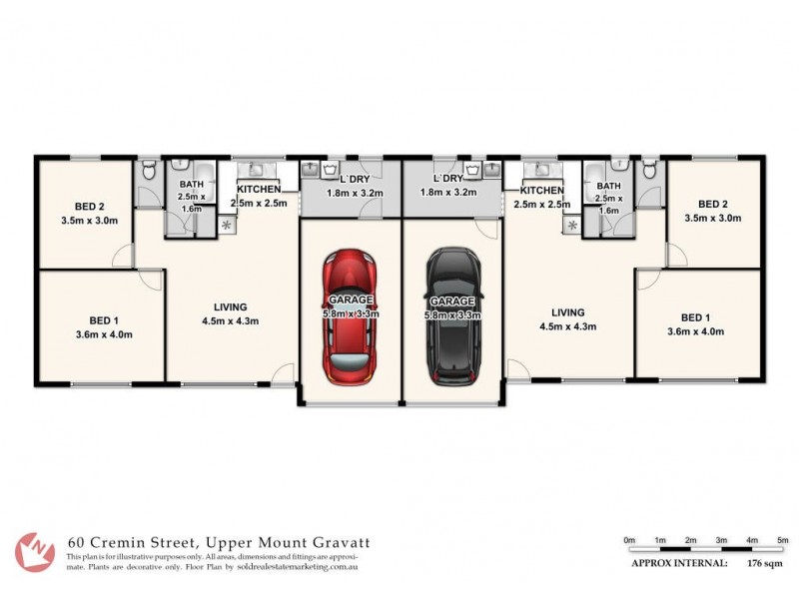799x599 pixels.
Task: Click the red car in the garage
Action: click(x=350, y=317)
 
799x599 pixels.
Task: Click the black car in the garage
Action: click(x=453, y=317)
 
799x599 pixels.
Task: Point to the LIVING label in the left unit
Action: click(x=231, y=307)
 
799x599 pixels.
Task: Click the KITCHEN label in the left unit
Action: click(x=258, y=190)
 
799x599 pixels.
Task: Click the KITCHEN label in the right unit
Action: click(x=541, y=190)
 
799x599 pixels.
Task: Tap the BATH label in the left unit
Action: click(x=192, y=185)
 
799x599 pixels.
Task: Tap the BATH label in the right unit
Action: click(x=607, y=185)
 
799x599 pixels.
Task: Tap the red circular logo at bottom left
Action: click(x=36, y=551)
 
